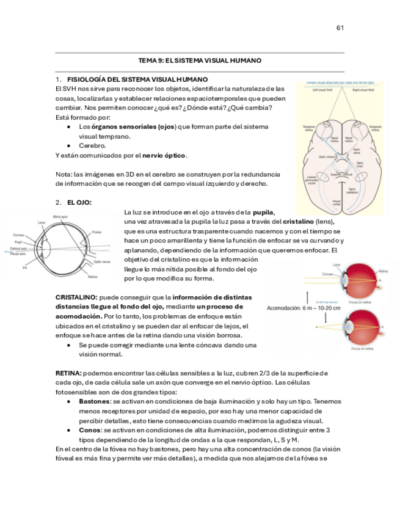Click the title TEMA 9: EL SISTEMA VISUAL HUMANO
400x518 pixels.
click(x=200, y=61)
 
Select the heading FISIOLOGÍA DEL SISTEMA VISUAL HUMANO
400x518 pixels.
click(x=137, y=79)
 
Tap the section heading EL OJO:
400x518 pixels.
click(x=79, y=202)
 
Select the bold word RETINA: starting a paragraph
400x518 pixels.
click(x=68, y=373)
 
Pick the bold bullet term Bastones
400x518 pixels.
click(x=94, y=401)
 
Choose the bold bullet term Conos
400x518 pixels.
click(x=89, y=430)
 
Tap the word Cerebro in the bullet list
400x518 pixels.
click(x=92, y=146)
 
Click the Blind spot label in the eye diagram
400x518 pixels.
click(x=60, y=217)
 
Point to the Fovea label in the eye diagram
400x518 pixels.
click(x=96, y=232)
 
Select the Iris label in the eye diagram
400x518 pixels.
click(x=24, y=268)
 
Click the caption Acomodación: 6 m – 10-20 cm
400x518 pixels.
click(x=304, y=308)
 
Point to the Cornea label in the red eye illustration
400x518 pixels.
click(x=328, y=274)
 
